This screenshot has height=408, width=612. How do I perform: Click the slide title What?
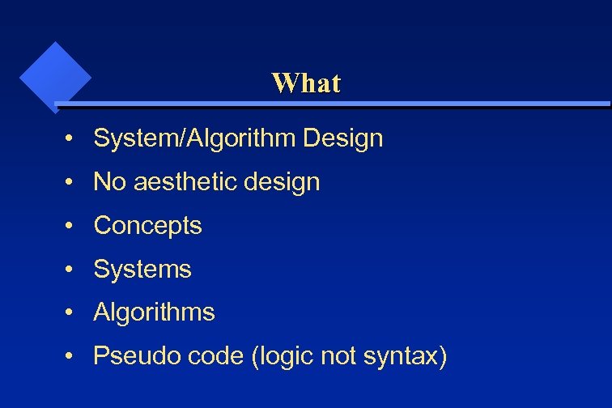pyautogui.click(x=306, y=83)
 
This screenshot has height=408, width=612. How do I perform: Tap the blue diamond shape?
pyautogui.click(x=54, y=77)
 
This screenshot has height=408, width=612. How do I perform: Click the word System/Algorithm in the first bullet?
pyautogui.click(x=195, y=138)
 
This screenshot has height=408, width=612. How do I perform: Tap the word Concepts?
pyautogui.click(x=147, y=226)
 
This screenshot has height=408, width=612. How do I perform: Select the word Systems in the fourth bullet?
pyautogui.click(x=142, y=270)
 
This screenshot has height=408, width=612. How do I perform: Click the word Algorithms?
pyautogui.click(x=154, y=312)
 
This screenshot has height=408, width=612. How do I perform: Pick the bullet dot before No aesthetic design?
pyautogui.click(x=72, y=183)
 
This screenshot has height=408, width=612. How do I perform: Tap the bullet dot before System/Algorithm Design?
pyautogui.click(x=72, y=139)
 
